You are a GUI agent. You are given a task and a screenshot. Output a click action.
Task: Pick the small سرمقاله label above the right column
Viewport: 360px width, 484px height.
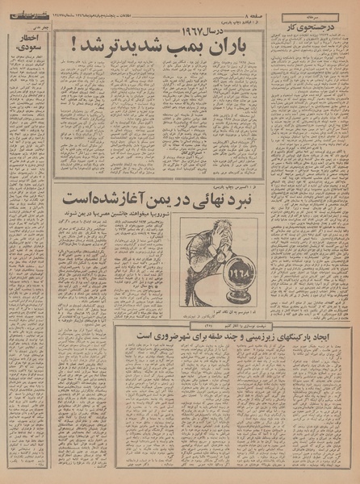click(x=310, y=16)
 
